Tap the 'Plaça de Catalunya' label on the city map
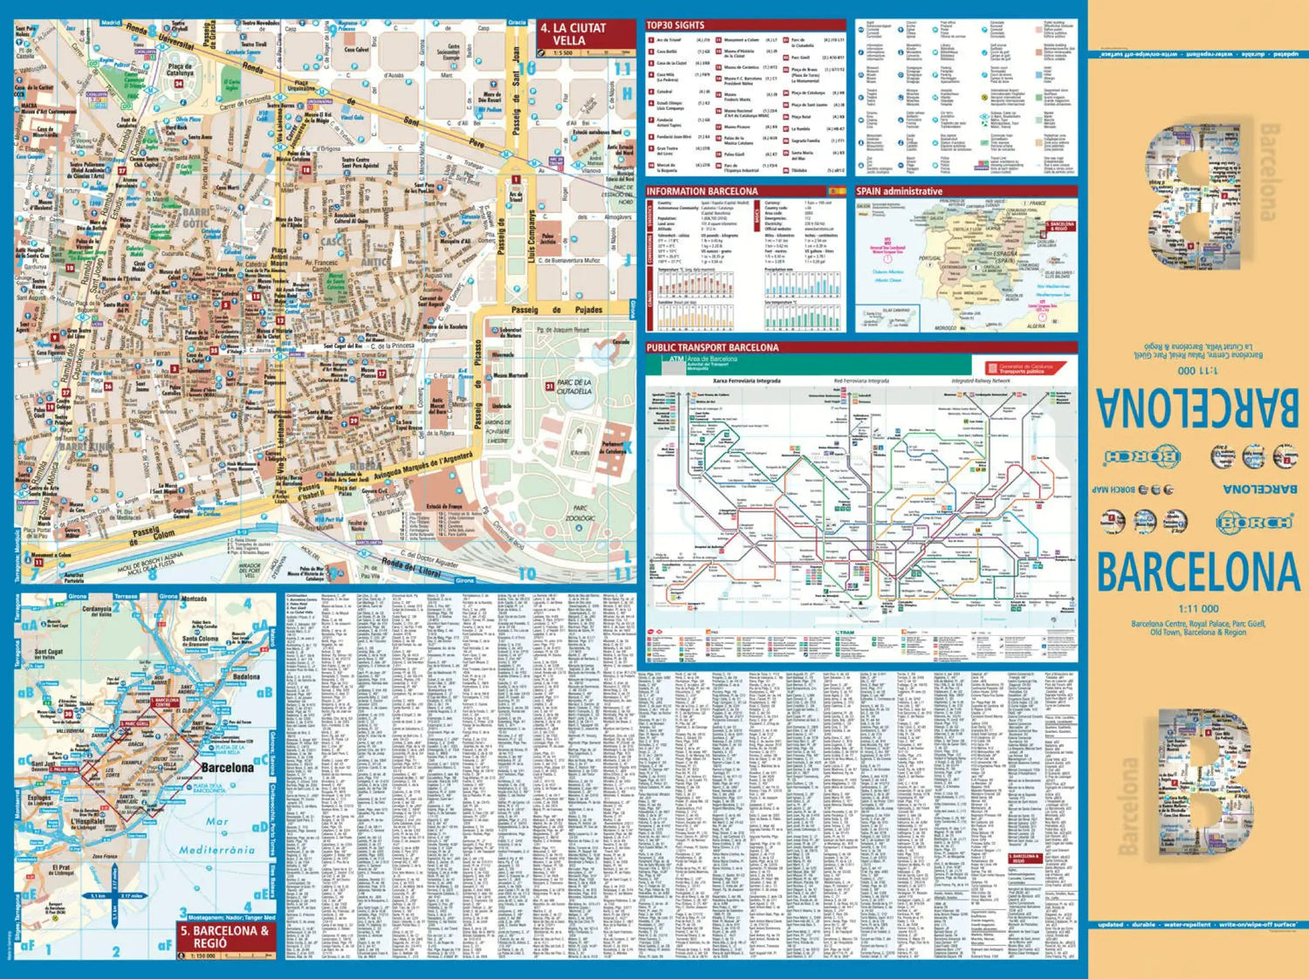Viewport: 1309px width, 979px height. pyautogui.click(x=179, y=70)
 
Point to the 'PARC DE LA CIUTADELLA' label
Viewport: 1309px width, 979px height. pyautogui.click(x=574, y=387)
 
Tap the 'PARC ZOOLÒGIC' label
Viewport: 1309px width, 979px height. pyautogui.click(x=580, y=513)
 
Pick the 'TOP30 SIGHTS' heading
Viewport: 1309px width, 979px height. pyautogui.click(x=675, y=25)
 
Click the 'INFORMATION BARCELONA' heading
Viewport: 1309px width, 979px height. pyautogui.click(x=702, y=191)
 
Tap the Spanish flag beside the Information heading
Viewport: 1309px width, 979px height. pyautogui.click(x=836, y=191)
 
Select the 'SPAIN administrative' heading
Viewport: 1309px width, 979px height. pyautogui.click(x=899, y=191)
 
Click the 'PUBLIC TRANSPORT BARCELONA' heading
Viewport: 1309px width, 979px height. pyautogui.click(x=712, y=347)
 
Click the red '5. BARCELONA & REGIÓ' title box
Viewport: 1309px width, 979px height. pyautogui.click(x=224, y=937)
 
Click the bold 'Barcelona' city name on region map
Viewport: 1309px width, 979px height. pyautogui.click(x=227, y=768)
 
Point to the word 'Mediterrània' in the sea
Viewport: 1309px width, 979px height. pyautogui.click(x=218, y=849)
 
